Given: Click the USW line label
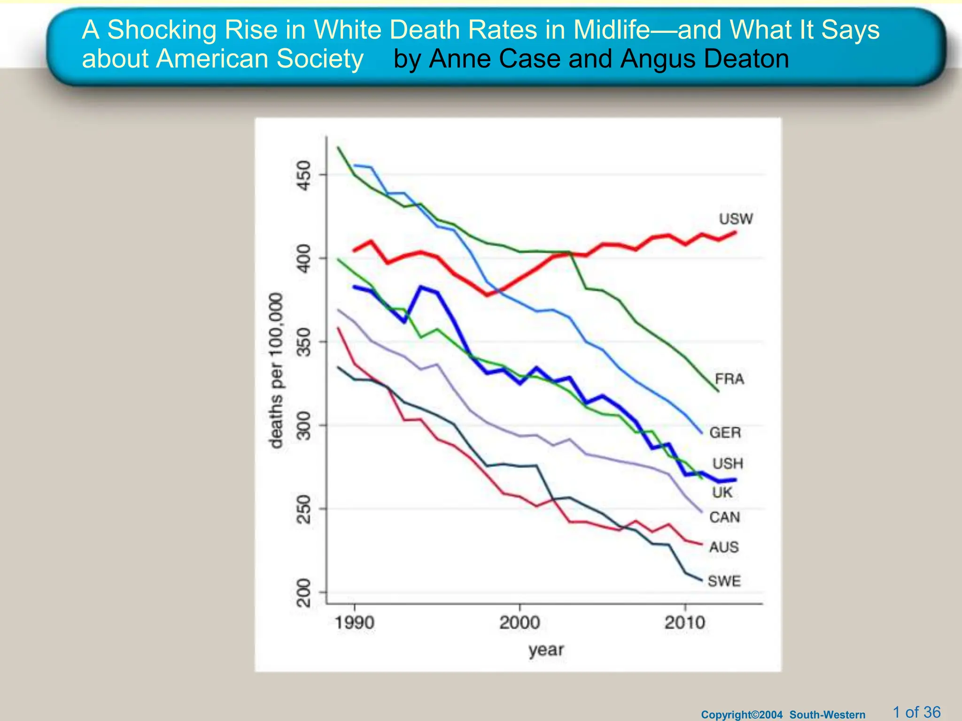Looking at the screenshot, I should pos(736,219).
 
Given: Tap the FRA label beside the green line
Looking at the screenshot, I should pos(729,379).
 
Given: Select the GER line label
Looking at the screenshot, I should pos(725,432).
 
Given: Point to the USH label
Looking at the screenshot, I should pos(728,464).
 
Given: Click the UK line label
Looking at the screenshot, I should pos(722,492).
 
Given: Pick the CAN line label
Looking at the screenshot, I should pos(724,517).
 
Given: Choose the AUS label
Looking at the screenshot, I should pos(724,547).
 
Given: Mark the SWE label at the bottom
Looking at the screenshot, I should pos(724,581).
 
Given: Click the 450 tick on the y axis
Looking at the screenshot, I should pos(304,176).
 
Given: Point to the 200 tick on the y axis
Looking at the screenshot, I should pos(304,593).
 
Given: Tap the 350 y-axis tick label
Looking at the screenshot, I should pos(304,342).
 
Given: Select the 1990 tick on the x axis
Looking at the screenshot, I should pos(354,623).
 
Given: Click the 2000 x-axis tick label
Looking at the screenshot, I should pos(520,623).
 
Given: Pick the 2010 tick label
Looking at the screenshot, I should pos(685,623).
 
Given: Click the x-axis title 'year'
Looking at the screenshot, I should pos(545,650).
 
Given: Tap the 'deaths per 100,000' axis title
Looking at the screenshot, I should pos(276,371).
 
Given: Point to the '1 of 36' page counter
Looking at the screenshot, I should pos(916,712).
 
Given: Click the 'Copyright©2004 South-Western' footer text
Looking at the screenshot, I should pos(783,714).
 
